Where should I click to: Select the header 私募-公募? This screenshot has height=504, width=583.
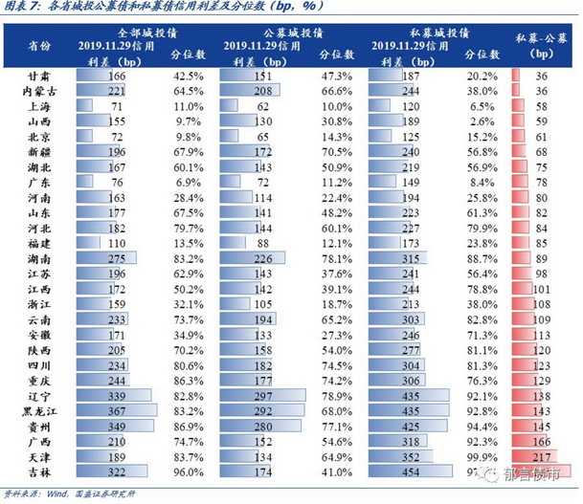click(x=543, y=37)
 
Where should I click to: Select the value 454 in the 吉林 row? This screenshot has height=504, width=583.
click(x=412, y=471)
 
